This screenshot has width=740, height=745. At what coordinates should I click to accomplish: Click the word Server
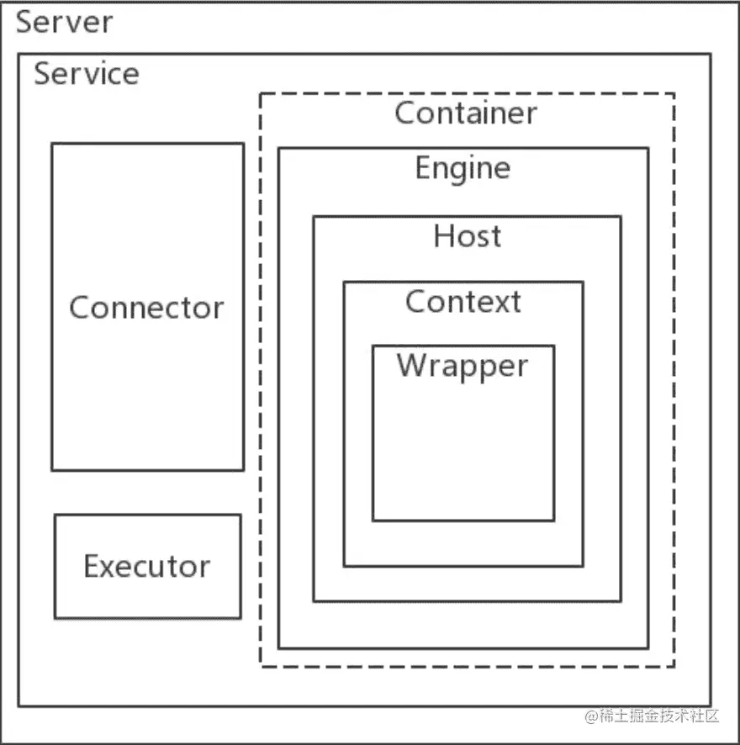click(x=64, y=22)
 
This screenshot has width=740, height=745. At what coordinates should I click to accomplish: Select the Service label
click(x=87, y=74)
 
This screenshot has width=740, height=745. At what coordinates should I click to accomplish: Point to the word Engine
click(x=462, y=169)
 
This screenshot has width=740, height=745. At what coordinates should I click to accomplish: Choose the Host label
click(x=468, y=235)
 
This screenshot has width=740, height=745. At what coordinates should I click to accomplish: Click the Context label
click(x=462, y=301)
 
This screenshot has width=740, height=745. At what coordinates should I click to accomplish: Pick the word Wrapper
click(x=462, y=366)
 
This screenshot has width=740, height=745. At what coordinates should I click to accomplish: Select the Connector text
click(x=146, y=308)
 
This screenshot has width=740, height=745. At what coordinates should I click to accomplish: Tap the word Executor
click(x=147, y=567)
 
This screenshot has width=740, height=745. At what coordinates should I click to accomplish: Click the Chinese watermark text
click(x=658, y=716)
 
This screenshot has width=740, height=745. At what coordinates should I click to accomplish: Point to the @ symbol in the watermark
click(x=591, y=716)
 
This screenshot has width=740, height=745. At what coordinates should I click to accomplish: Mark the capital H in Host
click(x=443, y=235)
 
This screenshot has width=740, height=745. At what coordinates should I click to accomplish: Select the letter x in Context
click(x=501, y=304)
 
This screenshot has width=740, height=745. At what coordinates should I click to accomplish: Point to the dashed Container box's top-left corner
click(x=261, y=94)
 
